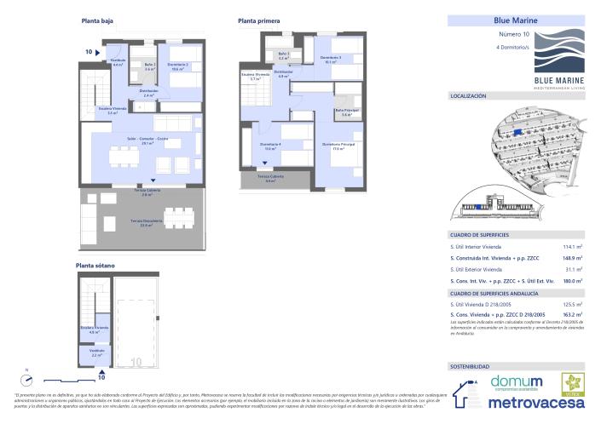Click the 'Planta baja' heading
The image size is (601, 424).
click(96, 20)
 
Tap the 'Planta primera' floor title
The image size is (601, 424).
click(259, 20)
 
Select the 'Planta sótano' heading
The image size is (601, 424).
click(95, 266)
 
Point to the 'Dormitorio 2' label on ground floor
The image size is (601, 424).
click(177, 67)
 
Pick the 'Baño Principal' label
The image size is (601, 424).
click(346, 111)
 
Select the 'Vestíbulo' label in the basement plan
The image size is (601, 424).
click(97, 350)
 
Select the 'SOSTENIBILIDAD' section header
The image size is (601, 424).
click(470, 366)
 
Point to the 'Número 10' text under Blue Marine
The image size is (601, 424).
click(513, 34)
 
